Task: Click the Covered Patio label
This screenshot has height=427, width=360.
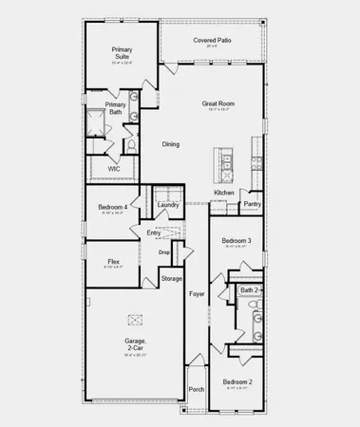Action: tap(214, 41)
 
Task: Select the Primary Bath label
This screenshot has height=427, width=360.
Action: tap(115, 108)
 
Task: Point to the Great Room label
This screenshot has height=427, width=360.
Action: tap(218, 103)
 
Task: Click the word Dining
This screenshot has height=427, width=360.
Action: tap(170, 144)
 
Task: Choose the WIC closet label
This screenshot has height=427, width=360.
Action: tap(113, 168)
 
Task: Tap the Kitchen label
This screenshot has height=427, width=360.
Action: tap(224, 193)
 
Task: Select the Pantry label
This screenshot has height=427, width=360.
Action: tap(252, 203)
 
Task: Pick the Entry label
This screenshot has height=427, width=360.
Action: tap(153, 232)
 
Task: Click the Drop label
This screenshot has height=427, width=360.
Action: tap(163, 251)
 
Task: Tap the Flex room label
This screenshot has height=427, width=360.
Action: tap(113, 261)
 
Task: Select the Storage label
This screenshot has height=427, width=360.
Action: tap(171, 278)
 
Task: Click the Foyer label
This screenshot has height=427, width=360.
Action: tap(197, 294)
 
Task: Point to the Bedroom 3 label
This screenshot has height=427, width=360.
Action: tap(237, 241)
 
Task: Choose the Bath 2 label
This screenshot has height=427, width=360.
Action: tap(248, 290)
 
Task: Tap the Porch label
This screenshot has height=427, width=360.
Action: tap(197, 389)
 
